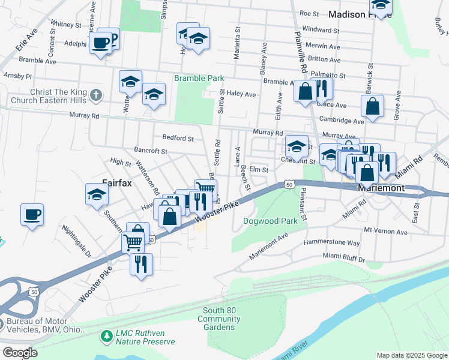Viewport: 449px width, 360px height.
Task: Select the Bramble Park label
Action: (x=199, y=78)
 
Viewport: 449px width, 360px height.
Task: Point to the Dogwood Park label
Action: (x=270, y=221)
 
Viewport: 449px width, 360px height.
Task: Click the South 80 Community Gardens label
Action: (x=219, y=319)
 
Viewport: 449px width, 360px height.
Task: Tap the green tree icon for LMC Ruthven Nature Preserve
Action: (x=107, y=335)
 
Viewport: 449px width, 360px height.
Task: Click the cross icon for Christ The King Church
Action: (x=97, y=95)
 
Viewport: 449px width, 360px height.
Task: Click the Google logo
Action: (x=19, y=352)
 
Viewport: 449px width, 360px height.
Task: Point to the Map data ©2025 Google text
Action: (x=411, y=355)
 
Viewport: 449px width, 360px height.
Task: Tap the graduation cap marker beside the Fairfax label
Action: (x=97, y=194)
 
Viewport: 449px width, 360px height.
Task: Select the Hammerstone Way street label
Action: (x=331, y=243)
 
